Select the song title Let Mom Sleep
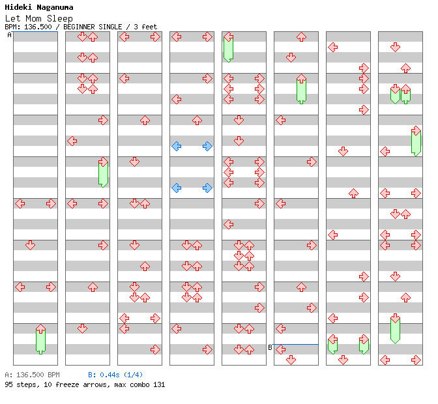[38, 18]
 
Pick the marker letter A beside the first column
[9, 35]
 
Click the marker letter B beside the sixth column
[270, 347]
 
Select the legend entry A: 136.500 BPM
[32, 375]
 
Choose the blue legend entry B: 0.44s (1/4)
[115, 375]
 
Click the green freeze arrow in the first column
[40, 339]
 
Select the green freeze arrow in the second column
[103, 173]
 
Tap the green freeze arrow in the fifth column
[228, 48]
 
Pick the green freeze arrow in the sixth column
[301, 89]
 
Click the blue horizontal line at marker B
[296, 344]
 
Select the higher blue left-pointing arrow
[176, 146]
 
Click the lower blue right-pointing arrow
[207, 188]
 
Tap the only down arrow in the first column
[30, 245]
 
